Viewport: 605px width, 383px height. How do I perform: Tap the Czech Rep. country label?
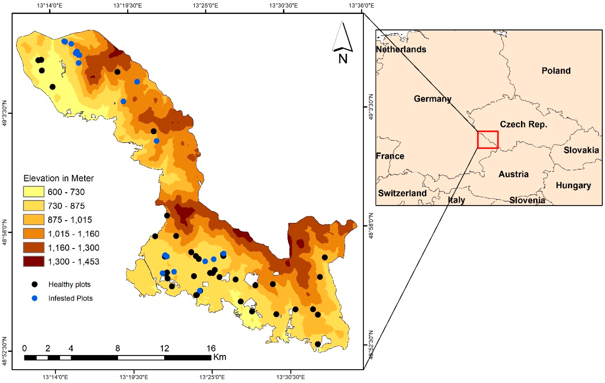pos(523,124)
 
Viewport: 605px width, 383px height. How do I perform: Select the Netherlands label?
pos(401,49)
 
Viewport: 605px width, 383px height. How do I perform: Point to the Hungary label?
pos(573,185)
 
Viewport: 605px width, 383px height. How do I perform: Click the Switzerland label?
pos(402,193)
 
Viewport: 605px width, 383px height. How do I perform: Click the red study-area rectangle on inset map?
pos(487,140)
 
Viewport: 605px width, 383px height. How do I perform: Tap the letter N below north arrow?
pos(343,59)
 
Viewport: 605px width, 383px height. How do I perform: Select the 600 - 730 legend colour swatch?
pos(34,192)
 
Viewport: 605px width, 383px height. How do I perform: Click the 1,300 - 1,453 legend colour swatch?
pos(34,261)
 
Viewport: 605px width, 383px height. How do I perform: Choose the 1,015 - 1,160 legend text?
pos(73,234)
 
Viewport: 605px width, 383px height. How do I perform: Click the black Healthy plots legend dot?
pos(35,284)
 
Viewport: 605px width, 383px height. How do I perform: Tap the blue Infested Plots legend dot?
pos(35,298)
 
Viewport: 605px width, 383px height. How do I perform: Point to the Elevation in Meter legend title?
pos(58,178)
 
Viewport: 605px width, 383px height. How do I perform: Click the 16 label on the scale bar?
pos(211,348)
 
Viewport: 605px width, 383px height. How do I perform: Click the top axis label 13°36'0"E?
pos(361,5)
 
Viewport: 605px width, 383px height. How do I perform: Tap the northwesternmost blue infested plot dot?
pos(65,41)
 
